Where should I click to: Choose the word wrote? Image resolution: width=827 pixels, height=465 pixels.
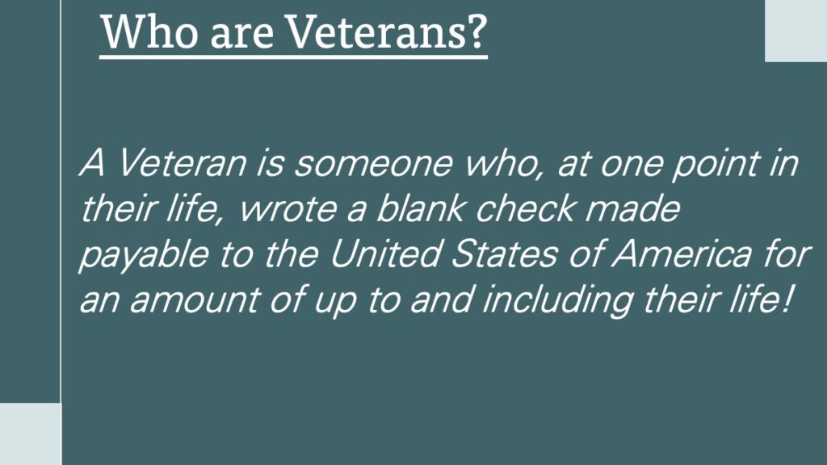288,209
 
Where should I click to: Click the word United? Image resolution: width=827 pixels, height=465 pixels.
385,253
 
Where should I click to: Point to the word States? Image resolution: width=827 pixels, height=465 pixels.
505,253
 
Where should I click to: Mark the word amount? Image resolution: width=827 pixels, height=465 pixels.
195,300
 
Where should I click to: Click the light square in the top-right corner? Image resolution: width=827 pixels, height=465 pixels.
796,31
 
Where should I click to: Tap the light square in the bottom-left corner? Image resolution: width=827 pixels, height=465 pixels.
31,434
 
